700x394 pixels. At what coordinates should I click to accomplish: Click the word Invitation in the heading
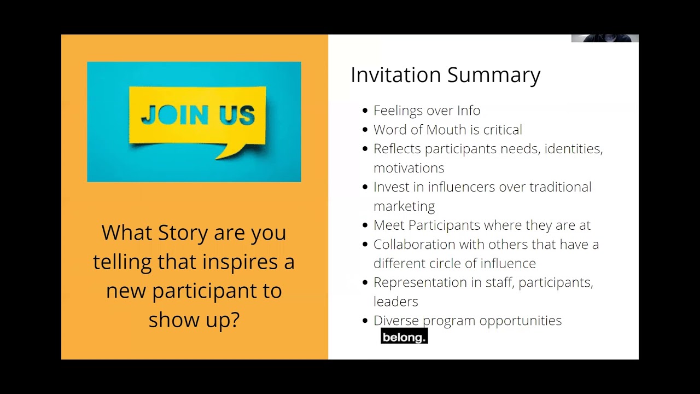[x=395, y=75]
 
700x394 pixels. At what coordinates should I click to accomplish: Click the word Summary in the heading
[x=494, y=76]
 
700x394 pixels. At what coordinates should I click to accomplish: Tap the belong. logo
[x=404, y=335]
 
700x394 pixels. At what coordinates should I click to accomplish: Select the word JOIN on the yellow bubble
[x=174, y=114]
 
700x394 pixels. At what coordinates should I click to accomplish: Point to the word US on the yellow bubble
[x=237, y=115]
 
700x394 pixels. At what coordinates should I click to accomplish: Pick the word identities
[x=574, y=148]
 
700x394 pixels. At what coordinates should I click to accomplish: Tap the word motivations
[x=409, y=168]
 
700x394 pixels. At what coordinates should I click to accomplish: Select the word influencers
[x=461, y=187]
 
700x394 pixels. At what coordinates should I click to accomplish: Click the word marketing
[x=404, y=207]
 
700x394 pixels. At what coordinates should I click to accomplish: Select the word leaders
[x=395, y=302]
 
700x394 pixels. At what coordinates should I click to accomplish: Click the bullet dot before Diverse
[x=365, y=321]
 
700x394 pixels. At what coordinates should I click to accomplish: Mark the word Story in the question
[x=183, y=233]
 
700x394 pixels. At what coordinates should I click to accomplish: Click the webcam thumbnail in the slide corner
[x=605, y=38]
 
